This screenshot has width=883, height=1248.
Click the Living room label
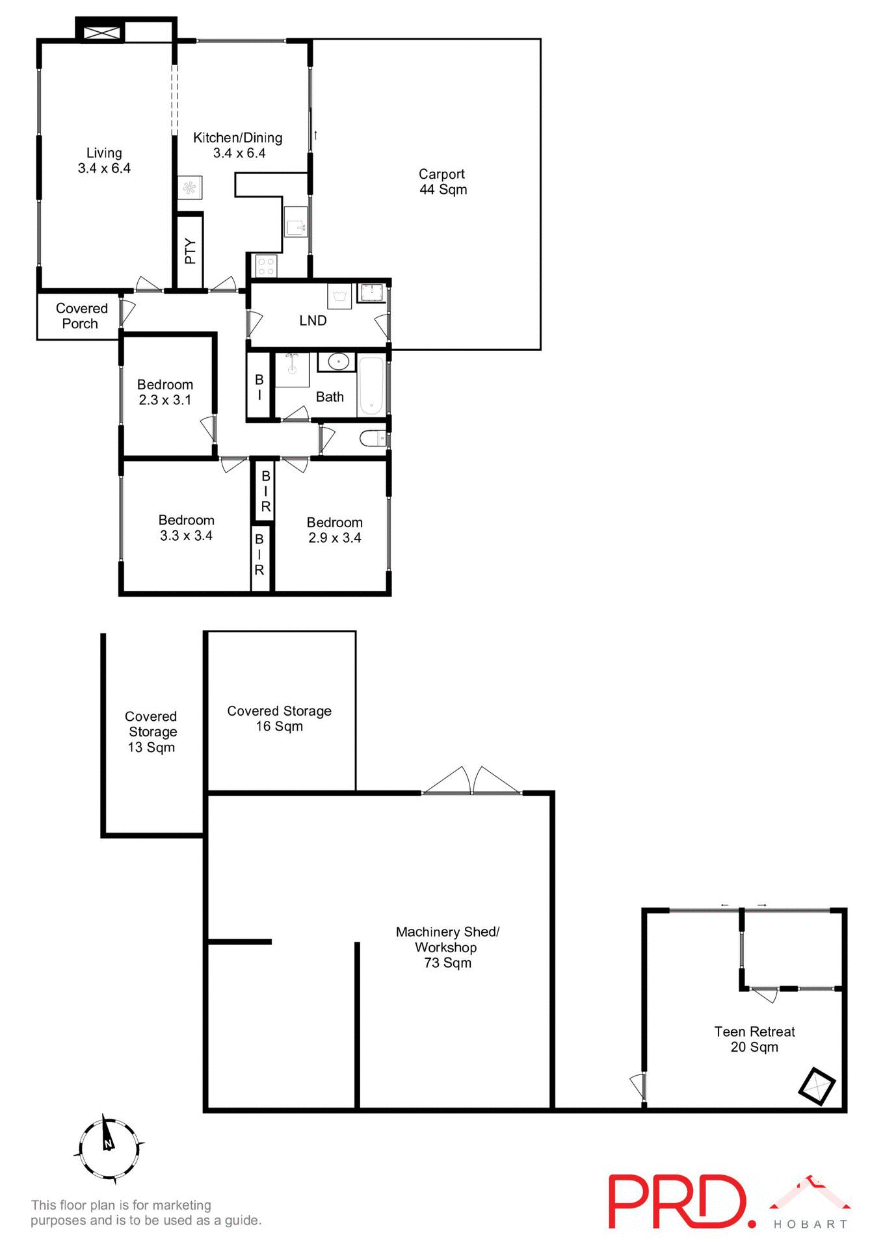pos(104,161)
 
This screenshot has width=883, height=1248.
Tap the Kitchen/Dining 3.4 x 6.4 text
pos(238,146)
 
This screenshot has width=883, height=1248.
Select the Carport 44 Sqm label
pos(442,182)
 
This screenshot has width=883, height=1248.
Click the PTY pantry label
pos(190,252)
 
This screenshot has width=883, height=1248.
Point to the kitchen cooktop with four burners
pos(266,265)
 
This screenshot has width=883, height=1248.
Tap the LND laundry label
pos(313,320)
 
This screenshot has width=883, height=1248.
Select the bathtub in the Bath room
pos(371,385)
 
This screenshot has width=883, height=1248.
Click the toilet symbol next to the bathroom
pos(373,440)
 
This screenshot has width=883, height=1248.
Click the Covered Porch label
pos(81,317)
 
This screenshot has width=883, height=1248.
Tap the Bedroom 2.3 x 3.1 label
pos(165,393)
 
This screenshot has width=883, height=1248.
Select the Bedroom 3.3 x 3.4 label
pos(186,528)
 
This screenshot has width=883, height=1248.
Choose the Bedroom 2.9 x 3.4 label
pos(334,530)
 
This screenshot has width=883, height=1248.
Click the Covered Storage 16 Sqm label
pos(279,719)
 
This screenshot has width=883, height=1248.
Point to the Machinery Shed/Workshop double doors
pos(472,782)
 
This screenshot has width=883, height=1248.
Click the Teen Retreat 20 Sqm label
pos(754,1039)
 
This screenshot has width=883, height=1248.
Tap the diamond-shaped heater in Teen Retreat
pos(816,1086)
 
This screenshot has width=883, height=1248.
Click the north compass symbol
pos(109,1150)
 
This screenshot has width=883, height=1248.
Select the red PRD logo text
pos(676,1202)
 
